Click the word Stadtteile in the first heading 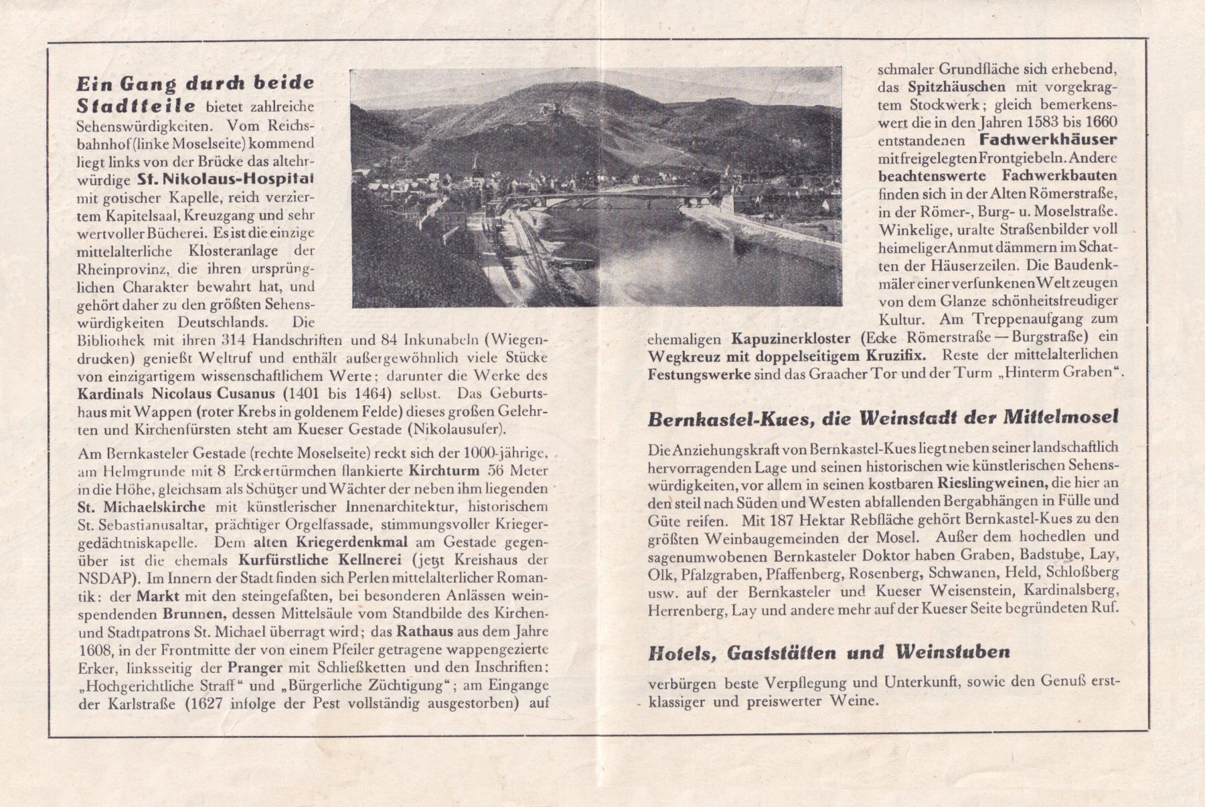pyautogui.click(x=137, y=106)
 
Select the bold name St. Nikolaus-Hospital pyautogui.click(x=226, y=179)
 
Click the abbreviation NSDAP pyautogui.click(x=99, y=577)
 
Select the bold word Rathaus pyautogui.click(x=426, y=632)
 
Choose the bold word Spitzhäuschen pyautogui.click(x=957, y=87)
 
